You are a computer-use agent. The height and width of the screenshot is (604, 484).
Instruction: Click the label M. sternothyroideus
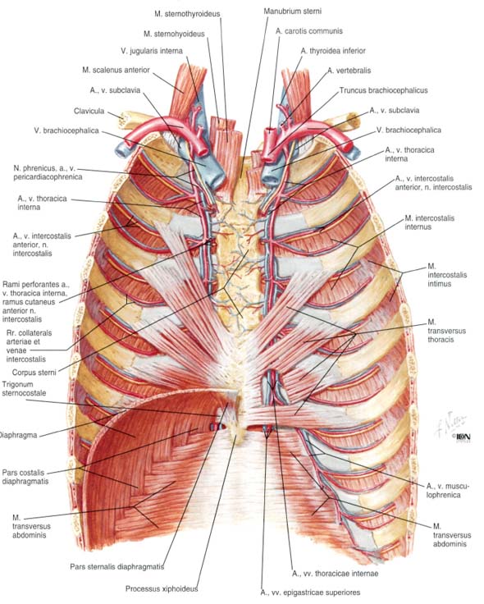coord(187,14)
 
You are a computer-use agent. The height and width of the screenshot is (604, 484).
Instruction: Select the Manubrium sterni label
coord(292,11)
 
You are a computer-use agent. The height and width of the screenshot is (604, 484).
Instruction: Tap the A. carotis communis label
coord(308,31)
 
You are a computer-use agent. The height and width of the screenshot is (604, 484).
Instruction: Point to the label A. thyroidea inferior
coord(333,50)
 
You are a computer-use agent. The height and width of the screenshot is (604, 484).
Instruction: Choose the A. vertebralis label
coord(349,71)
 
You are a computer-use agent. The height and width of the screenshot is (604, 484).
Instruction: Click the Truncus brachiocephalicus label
coord(383,90)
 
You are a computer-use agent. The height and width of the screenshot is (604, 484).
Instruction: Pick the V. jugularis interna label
coord(152,50)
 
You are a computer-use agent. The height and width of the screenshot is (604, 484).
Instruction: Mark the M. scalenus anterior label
coord(116,70)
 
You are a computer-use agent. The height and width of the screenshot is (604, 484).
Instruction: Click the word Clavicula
coord(89,111)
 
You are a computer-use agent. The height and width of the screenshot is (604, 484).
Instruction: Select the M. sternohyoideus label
coord(174,34)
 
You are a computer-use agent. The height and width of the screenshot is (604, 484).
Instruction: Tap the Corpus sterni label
coord(34,373)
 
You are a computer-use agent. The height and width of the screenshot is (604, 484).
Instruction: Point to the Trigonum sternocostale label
coord(24,389)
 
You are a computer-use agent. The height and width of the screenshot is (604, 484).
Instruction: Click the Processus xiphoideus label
coord(162,589)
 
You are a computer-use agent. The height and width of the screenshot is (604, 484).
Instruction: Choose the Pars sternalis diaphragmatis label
coord(117,566)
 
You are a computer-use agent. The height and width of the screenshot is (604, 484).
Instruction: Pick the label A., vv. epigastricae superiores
coord(310,593)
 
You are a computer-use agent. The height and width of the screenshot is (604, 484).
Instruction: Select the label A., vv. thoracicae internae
coord(335,574)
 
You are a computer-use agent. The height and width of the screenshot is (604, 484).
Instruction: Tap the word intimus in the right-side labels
coord(440,284)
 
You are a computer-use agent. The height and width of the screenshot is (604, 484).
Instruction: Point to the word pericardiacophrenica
coord(48,177)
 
